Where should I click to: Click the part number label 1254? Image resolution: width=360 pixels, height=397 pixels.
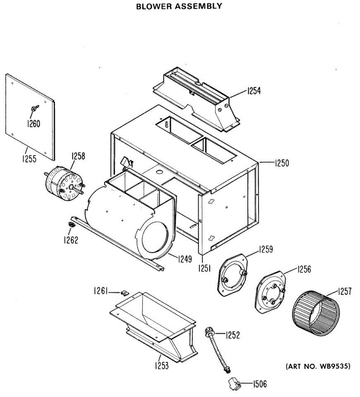click(254, 91)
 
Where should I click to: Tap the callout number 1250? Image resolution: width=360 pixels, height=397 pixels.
click(282, 163)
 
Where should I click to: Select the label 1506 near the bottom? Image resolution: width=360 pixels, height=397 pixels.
click(260, 384)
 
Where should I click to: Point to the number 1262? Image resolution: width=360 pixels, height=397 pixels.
click(71, 240)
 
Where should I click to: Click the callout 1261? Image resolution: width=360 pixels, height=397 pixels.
click(100, 291)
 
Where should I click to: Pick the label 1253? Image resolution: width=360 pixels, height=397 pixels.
click(161, 366)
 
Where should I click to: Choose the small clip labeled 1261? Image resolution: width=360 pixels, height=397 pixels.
click(125, 292)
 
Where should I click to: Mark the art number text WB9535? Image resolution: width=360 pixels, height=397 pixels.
click(334, 366)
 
